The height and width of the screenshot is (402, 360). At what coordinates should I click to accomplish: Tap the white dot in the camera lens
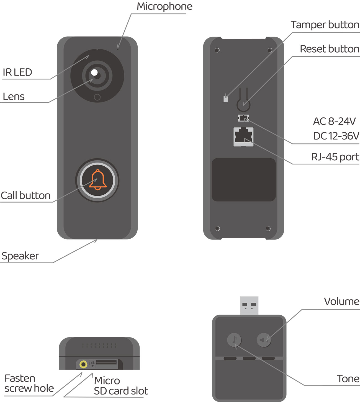click(94, 73)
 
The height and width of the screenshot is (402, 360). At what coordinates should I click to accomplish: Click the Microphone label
click(164, 6)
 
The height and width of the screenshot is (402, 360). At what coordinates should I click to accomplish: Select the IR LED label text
click(17, 72)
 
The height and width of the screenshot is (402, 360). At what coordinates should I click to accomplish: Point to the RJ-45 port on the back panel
click(243, 136)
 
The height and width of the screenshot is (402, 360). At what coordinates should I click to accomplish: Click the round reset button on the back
click(243, 105)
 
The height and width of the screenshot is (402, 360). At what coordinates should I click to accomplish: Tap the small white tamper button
click(225, 99)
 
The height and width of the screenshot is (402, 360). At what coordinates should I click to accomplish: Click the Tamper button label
click(325, 25)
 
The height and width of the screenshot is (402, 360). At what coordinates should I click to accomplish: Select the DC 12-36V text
click(336, 136)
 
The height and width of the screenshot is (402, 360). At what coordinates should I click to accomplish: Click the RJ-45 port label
click(335, 157)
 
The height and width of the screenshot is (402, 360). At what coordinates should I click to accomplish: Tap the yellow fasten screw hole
click(83, 364)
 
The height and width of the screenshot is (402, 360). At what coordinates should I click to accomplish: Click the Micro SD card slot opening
click(106, 362)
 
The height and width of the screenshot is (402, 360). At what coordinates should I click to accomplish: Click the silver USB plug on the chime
click(249, 305)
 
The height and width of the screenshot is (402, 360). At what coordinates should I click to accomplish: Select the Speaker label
click(20, 256)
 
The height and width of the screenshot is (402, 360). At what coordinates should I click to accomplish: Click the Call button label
click(25, 195)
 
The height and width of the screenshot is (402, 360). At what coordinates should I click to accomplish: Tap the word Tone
click(348, 378)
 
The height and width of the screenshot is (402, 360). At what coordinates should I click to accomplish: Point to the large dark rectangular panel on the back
click(243, 179)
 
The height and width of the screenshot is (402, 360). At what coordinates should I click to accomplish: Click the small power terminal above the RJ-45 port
click(243, 118)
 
